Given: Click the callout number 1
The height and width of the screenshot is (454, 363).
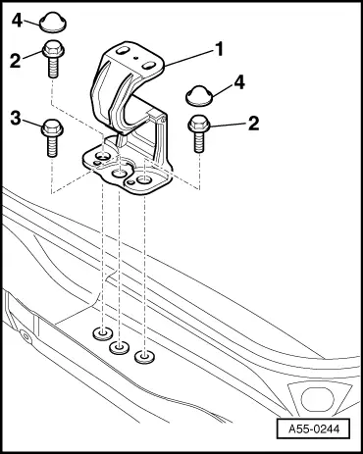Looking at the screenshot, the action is pyautogui.click(x=219, y=49).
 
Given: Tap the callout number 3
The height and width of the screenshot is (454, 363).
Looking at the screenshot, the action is pyautogui.click(x=16, y=118).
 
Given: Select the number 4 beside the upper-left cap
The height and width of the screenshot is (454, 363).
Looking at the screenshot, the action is pyautogui.click(x=17, y=21).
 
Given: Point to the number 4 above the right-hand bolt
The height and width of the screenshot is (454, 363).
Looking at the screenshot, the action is pyautogui.click(x=239, y=82).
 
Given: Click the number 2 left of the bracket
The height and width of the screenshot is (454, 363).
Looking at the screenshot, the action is pyautogui.click(x=15, y=61).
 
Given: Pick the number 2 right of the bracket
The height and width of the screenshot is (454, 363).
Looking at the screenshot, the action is pyautogui.click(x=253, y=124).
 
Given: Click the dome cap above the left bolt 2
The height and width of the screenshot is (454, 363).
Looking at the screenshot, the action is pyautogui.click(x=53, y=24).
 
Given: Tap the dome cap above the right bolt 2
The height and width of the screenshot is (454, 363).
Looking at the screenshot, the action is pyautogui.click(x=199, y=95).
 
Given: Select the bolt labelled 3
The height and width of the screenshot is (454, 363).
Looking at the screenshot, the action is pyautogui.click(x=52, y=137).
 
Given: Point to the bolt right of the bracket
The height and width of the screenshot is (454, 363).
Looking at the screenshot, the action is pyautogui.click(x=199, y=133).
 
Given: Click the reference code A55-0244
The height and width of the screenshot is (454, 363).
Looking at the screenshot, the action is pyautogui.click(x=314, y=429).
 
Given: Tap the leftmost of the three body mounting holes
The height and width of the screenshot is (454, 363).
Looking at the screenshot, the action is pyautogui.click(x=103, y=333).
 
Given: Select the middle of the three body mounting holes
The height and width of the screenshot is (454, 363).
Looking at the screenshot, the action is pyautogui.click(x=119, y=347).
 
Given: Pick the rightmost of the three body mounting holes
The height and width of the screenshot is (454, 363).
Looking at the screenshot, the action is pyautogui.click(x=144, y=356).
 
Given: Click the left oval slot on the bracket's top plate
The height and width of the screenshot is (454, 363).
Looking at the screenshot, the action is pyautogui.click(x=123, y=51).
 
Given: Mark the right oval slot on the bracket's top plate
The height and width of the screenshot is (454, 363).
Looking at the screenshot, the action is pyautogui.click(x=149, y=65).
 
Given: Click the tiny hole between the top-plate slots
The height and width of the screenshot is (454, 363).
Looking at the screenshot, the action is pyautogui.click(x=136, y=58).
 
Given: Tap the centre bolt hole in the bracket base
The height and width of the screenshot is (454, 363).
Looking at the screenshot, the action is pyautogui.click(x=119, y=174).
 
